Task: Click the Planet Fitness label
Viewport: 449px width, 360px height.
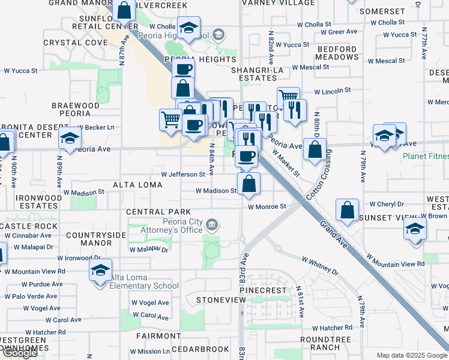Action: pyautogui.click(x=425, y=157)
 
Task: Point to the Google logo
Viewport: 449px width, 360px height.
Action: pyautogui.click(x=20, y=353)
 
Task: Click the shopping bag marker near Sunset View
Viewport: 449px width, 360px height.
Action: pyautogui.click(x=347, y=211)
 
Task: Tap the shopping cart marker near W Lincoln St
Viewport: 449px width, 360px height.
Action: pyautogui.click(x=289, y=97)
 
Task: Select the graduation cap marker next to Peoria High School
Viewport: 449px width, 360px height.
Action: pyautogui.click(x=188, y=29)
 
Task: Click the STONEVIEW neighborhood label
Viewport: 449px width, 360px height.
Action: pyautogui.click(x=217, y=299)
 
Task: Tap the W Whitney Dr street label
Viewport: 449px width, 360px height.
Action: pyautogui.click(x=320, y=266)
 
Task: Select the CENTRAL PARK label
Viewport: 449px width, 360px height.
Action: pyautogui.click(x=158, y=212)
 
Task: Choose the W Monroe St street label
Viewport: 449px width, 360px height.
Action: pyautogui.click(x=267, y=206)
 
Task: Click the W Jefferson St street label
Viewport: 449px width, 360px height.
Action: pyautogui.click(x=183, y=175)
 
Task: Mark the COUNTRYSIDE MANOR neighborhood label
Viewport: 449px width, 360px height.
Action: pyautogui.click(x=89, y=239)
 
